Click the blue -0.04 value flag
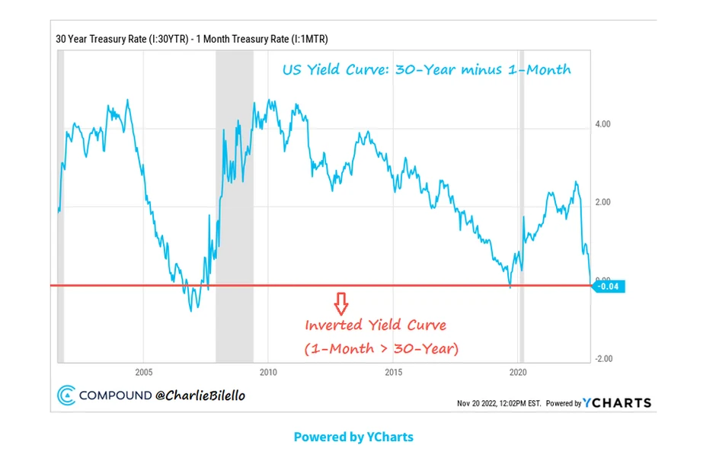[609, 286]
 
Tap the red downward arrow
[341, 303]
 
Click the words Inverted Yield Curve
[376, 325]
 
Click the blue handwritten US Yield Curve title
[427, 70]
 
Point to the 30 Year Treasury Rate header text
[191, 39]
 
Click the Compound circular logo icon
[66, 395]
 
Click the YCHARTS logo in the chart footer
[617, 402]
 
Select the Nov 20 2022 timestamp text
[499, 403]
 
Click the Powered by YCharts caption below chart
[353, 437]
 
